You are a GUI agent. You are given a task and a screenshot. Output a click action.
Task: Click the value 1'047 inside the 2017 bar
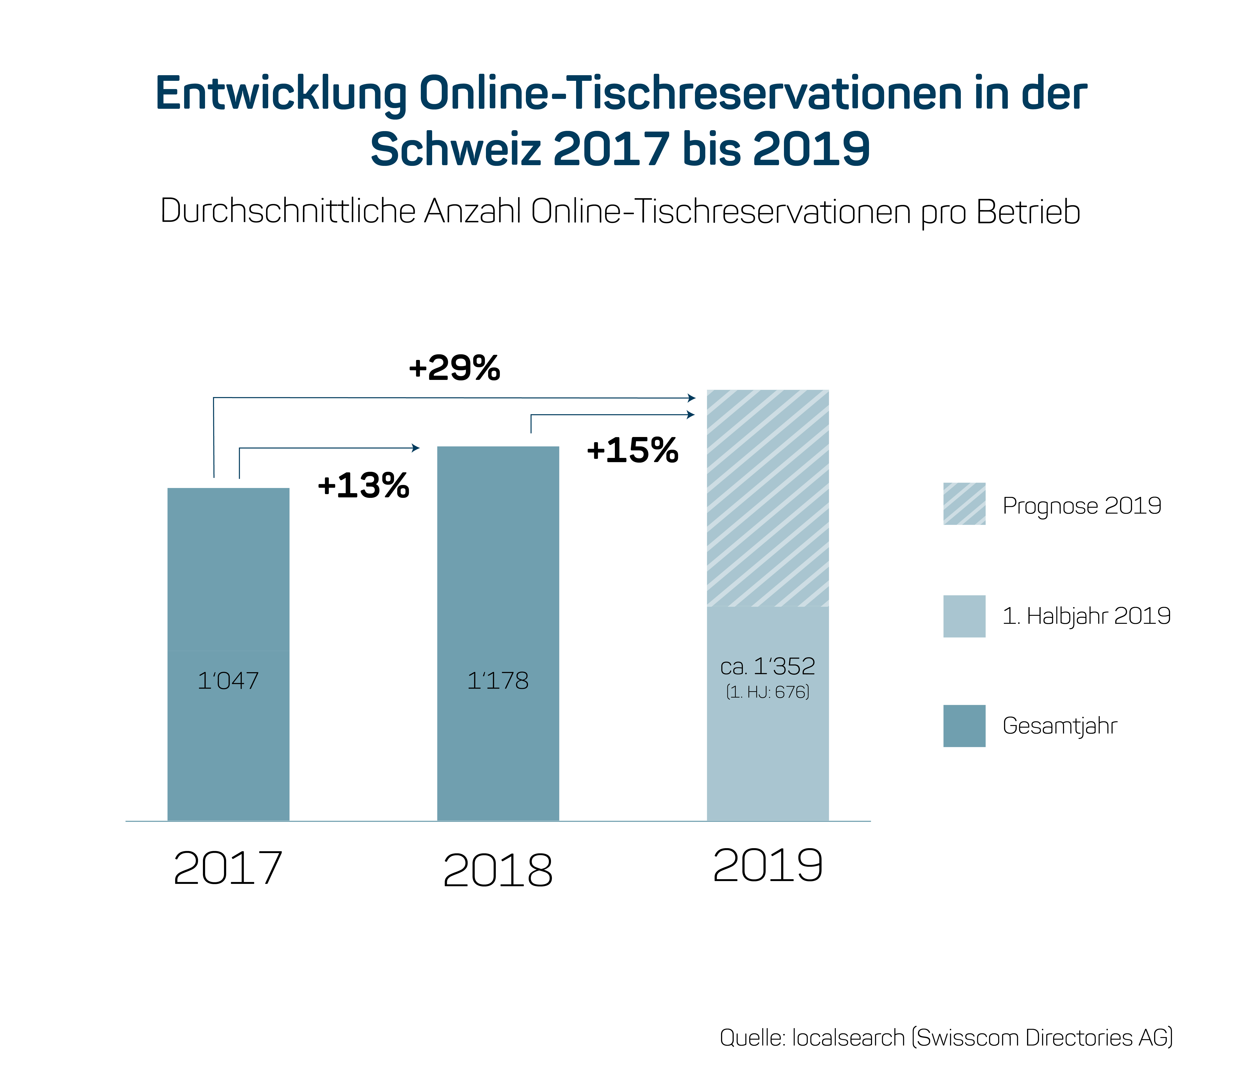(228, 680)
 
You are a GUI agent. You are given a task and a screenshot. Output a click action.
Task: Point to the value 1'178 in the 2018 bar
(498, 680)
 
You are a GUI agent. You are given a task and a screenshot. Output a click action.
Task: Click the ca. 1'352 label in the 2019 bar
(768, 666)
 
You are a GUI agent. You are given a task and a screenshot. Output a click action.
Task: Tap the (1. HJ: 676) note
(768, 692)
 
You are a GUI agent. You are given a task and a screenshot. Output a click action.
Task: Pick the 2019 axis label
(768, 866)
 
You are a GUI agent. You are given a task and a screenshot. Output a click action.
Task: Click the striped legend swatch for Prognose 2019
(964, 504)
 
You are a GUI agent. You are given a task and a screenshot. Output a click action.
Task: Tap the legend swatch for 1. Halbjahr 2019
(964, 616)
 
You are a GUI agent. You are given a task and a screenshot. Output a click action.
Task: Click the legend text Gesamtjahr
(1060, 726)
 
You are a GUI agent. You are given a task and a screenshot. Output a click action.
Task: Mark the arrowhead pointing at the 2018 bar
(416, 448)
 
